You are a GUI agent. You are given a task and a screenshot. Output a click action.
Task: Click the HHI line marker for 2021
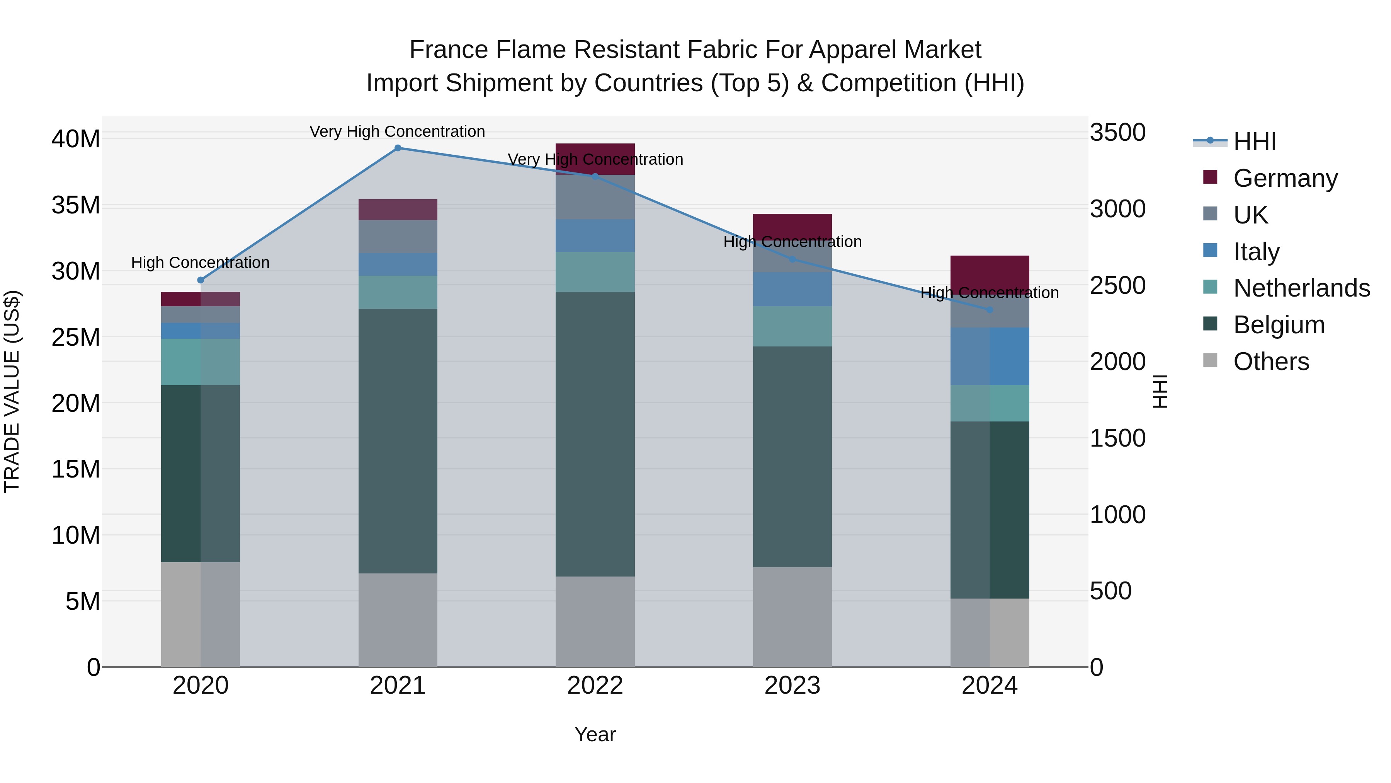pos(398,148)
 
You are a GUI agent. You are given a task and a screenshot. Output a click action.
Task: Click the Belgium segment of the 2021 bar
pos(398,440)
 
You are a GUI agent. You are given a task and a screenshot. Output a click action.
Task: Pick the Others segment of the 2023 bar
pos(792,617)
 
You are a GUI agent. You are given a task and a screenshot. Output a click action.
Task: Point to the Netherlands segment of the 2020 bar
pos(200,362)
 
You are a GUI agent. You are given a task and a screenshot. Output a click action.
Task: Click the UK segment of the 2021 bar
pos(398,236)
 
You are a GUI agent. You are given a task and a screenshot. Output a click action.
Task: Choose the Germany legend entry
pos(1285,178)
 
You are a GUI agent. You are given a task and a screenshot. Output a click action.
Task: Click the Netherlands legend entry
pos(1301,288)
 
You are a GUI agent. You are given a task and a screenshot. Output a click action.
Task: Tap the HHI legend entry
pos(1254,142)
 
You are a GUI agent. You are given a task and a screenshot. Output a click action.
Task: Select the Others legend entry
pos(1270,362)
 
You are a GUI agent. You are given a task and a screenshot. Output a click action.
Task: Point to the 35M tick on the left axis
pos(76,205)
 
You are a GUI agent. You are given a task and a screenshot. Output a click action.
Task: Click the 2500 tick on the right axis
pos(1117,285)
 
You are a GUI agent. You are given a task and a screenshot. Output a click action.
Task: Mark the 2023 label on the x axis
pos(792,686)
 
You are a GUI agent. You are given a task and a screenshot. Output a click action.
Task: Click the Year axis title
pos(595,734)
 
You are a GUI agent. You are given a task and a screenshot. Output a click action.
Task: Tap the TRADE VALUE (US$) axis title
pos(12,391)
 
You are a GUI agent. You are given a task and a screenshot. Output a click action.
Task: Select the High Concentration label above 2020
pos(200,263)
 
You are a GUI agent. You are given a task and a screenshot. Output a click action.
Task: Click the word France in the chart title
pos(449,50)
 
